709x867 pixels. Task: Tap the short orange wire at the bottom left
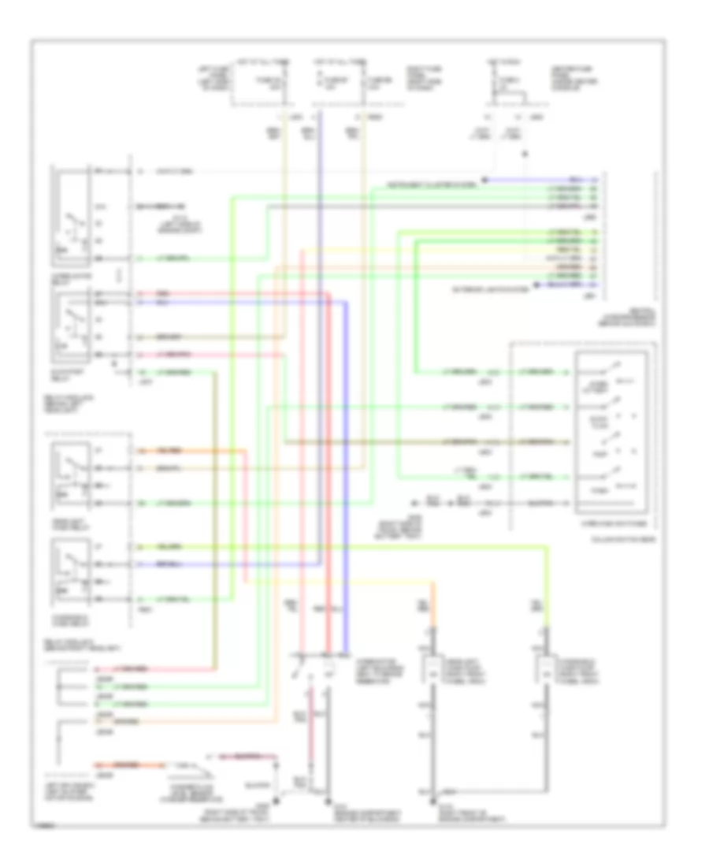pyautogui.click(x=130, y=765)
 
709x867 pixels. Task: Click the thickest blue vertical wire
pyautogui.click(x=344, y=473)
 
